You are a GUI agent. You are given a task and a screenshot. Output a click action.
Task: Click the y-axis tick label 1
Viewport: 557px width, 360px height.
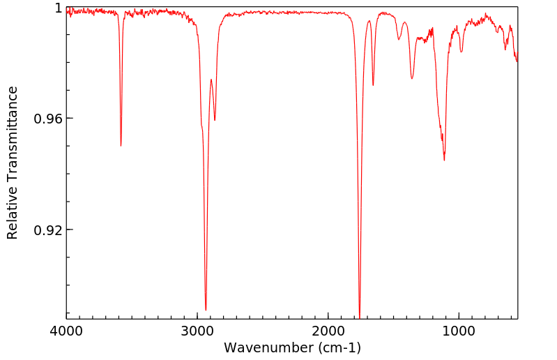click(x=58, y=8)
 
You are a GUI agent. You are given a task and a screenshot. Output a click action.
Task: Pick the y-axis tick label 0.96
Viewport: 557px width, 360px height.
click(x=48, y=119)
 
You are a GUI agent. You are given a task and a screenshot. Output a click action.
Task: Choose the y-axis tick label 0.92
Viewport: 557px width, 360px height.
click(x=48, y=230)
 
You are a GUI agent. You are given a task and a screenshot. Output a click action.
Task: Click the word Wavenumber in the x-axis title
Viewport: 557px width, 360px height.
click(x=268, y=347)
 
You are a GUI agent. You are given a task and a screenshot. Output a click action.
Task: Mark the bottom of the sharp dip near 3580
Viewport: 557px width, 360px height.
click(x=121, y=145)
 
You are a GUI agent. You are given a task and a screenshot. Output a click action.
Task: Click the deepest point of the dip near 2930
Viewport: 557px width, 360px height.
click(x=206, y=310)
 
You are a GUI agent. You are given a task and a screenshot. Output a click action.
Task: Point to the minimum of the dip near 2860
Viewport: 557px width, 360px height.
click(x=215, y=120)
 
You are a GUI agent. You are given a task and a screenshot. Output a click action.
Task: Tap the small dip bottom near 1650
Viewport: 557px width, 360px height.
click(x=373, y=85)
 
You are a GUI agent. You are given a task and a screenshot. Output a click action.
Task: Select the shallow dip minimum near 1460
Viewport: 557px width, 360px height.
click(x=399, y=39)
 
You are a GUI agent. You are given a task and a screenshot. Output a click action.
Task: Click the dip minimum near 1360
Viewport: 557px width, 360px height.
click(x=412, y=78)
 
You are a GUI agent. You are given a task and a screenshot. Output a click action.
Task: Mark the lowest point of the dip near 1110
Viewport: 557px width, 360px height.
click(x=444, y=160)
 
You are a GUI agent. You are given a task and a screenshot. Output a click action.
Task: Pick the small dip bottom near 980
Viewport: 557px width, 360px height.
click(x=461, y=52)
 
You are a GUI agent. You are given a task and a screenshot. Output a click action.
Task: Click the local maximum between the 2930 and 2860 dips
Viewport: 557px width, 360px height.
click(x=211, y=80)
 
